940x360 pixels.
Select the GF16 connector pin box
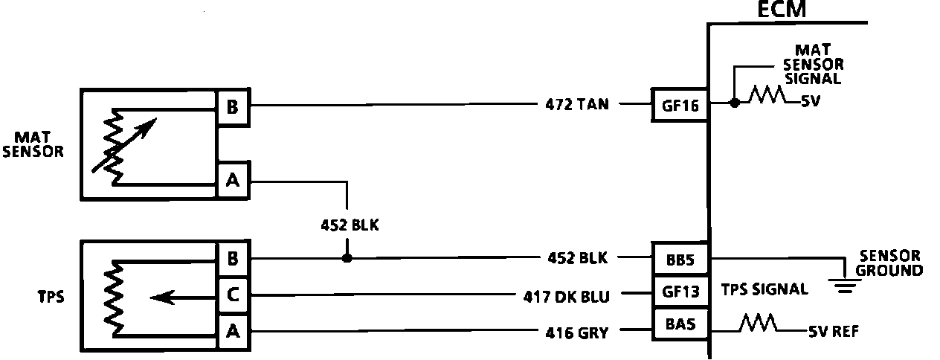click(680, 105)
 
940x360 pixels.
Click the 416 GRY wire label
click(577, 332)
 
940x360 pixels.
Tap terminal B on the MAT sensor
click(233, 108)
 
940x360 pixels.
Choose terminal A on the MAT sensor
click(233, 181)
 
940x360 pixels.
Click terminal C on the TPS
click(233, 296)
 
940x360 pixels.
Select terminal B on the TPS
click(233, 259)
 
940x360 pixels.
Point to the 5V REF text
click(832, 332)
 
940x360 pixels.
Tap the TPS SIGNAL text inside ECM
click(764, 290)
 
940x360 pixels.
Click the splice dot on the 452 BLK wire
click(347, 259)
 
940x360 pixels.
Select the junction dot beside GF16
click(735, 103)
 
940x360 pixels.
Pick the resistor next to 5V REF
click(758, 324)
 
